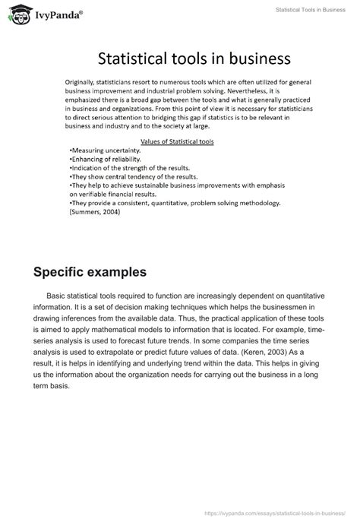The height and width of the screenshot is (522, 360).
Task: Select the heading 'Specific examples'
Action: pos(91,271)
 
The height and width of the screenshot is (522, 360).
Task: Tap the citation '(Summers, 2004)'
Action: pos(94,212)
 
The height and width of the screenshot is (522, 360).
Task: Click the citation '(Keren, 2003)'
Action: pos(261,353)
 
